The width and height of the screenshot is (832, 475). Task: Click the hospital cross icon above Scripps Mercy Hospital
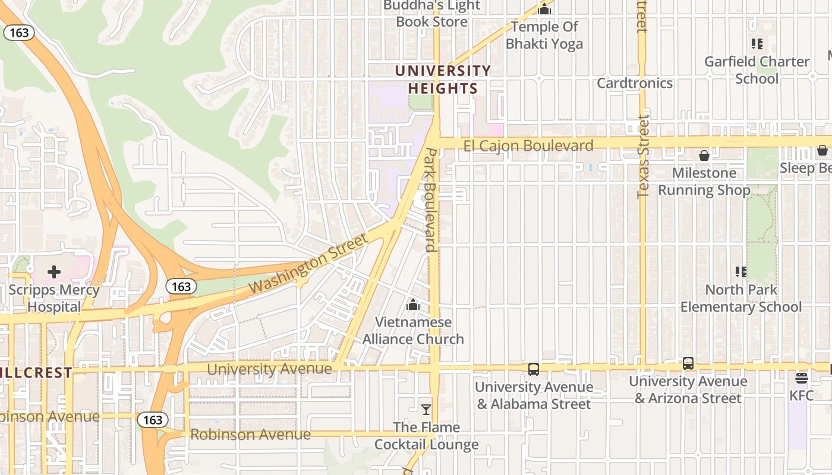54,272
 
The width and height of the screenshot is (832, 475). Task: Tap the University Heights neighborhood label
443,80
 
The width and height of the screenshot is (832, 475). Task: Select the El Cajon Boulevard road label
528,145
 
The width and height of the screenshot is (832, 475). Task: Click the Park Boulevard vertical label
431,200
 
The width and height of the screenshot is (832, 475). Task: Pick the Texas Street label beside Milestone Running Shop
642,158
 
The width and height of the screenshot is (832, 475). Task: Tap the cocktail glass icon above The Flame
426,409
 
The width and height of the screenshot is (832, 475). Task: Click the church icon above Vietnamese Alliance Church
413,305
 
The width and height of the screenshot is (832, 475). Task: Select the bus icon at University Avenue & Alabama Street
534,369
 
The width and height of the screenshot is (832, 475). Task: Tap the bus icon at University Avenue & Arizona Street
688,363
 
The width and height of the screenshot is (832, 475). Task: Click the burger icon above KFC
802,378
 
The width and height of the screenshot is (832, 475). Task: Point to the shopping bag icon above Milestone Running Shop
704,156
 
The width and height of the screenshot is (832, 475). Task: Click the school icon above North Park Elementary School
741,272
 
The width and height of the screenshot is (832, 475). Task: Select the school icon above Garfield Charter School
757,43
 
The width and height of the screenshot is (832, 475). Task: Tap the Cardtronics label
635,83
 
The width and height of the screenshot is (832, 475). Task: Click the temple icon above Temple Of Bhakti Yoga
544,9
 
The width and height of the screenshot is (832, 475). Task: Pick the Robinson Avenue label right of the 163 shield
250,435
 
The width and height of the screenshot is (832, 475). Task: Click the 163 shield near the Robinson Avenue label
153,420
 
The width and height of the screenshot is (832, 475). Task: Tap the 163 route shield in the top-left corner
19,33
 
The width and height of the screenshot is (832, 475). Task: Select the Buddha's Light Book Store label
431,14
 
